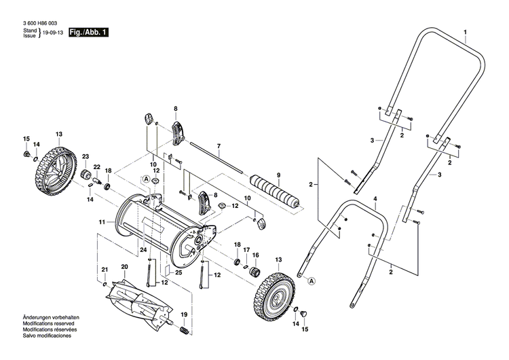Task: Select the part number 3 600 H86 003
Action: pyautogui.click(x=40, y=24)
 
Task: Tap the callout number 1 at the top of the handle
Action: pyautogui.click(x=466, y=33)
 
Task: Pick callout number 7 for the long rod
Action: pyautogui.click(x=219, y=146)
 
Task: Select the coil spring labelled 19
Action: pyautogui.click(x=183, y=330)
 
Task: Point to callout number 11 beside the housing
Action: pyautogui.click(x=102, y=222)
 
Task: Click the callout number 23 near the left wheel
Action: pyautogui.click(x=86, y=157)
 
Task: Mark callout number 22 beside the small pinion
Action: pyautogui.click(x=96, y=167)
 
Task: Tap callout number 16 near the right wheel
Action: pyautogui.click(x=256, y=255)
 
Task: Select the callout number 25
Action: pyautogui.click(x=178, y=272)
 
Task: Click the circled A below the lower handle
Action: pyautogui.click(x=312, y=281)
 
